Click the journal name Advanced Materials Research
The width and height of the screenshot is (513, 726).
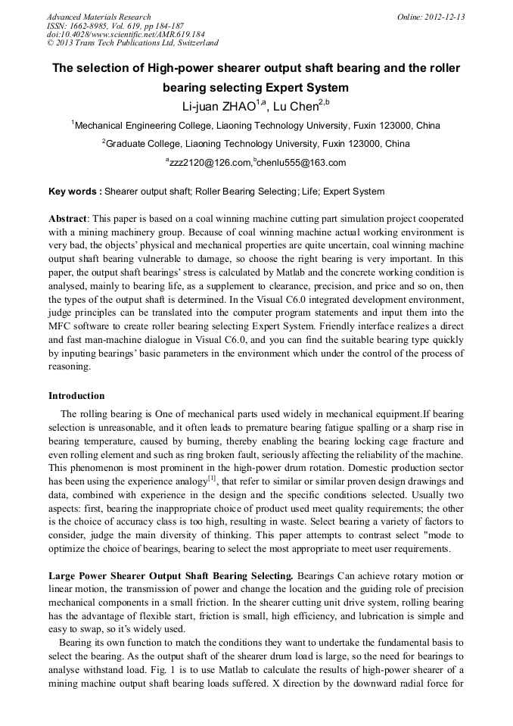(98, 17)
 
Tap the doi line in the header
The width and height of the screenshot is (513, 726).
(125, 35)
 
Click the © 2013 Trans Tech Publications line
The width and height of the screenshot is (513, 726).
(132, 44)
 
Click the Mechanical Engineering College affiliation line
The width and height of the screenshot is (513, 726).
(256, 126)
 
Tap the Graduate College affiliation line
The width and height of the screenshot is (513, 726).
(256, 144)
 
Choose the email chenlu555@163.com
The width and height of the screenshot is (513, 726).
(301, 163)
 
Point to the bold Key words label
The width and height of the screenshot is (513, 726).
(74, 192)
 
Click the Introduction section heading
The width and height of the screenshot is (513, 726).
(76, 396)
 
